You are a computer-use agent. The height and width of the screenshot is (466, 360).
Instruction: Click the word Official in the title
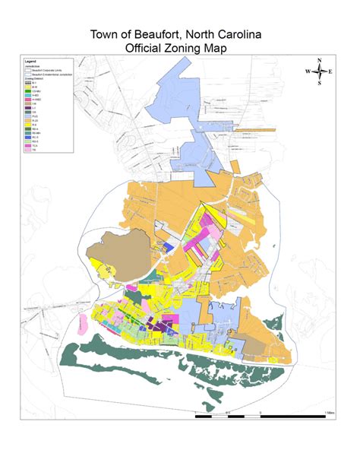tap(144, 48)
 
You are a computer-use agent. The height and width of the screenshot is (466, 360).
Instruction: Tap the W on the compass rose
tap(308, 71)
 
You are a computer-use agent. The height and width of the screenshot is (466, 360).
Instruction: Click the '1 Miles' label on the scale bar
tap(329, 412)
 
